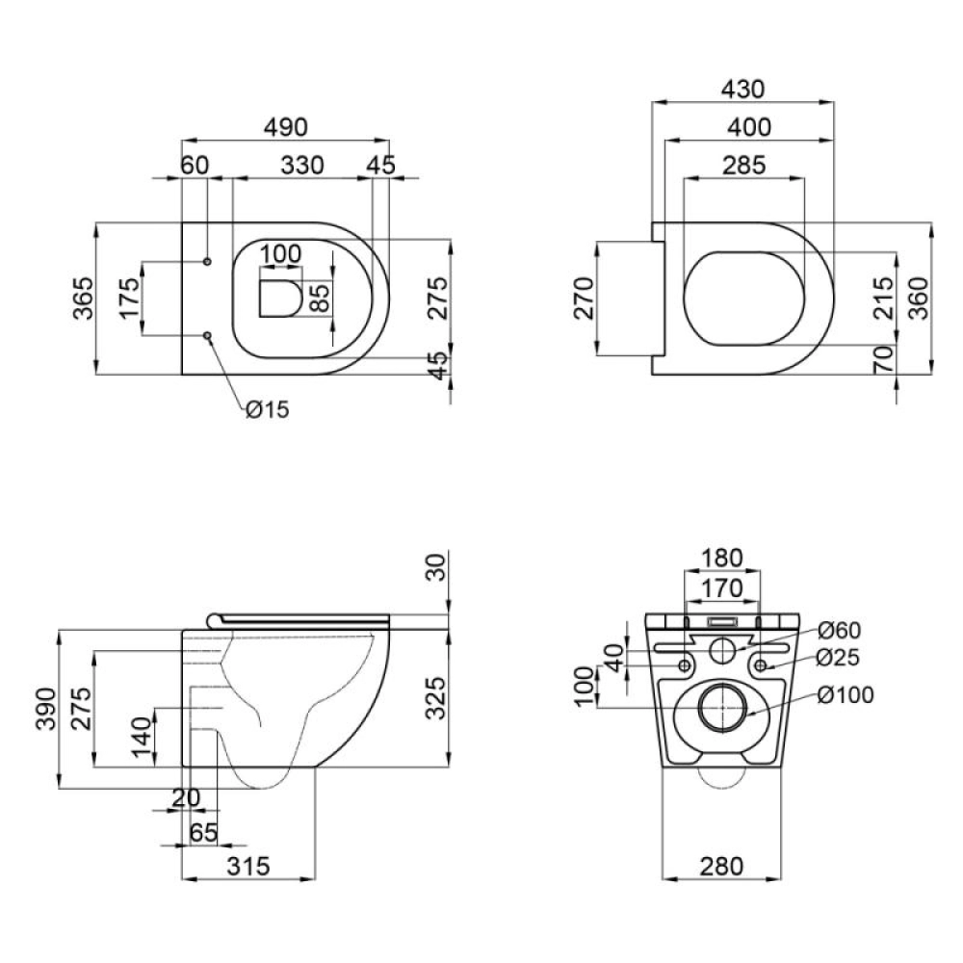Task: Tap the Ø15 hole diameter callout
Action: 267,410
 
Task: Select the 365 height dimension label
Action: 84,299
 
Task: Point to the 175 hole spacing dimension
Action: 125,299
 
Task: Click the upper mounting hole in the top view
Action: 208,262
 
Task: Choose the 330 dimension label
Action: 301,166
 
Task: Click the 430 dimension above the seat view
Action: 742,90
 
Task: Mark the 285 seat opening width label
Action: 742,166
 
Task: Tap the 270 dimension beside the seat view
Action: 583,299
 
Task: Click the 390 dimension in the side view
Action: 45,710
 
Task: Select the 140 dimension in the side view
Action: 141,738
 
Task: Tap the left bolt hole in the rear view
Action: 685,664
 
